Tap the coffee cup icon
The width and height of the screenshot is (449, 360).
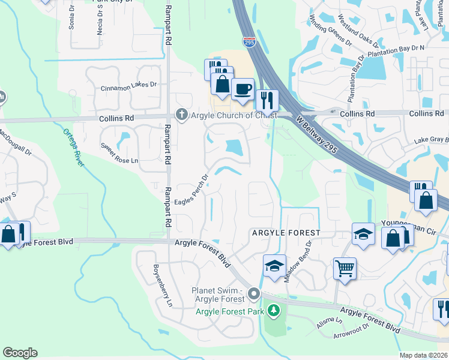pyautogui.click(x=243, y=89)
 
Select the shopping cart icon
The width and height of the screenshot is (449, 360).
pyautogui.click(x=345, y=268)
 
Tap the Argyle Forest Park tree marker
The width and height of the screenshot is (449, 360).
pyautogui.click(x=274, y=310)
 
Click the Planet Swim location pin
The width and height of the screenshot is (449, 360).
pyautogui.click(x=255, y=294)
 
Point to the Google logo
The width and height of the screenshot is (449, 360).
pyautogui.click(x=20, y=353)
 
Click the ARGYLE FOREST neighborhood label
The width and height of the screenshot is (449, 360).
pyautogui.click(x=286, y=232)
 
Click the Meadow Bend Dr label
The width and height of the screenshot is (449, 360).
pyautogui.click(x=298, y=263)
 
